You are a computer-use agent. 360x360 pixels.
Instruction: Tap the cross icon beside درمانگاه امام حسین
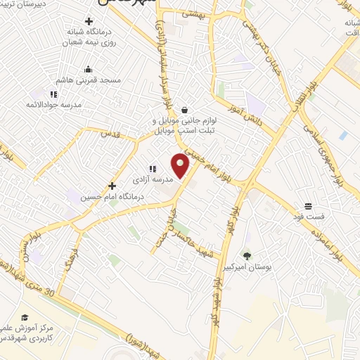point(112,186)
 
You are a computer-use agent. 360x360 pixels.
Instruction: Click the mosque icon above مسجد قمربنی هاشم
point(88,70)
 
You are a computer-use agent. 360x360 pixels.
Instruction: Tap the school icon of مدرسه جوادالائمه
point(53,94)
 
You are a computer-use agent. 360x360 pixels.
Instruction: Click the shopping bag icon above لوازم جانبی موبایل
point(184,110)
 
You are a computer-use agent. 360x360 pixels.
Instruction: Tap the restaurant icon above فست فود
point(308,207)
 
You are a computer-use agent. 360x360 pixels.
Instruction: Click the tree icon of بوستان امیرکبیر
point(246,255)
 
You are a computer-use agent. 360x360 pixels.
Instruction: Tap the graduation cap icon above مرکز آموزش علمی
point(25,318)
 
